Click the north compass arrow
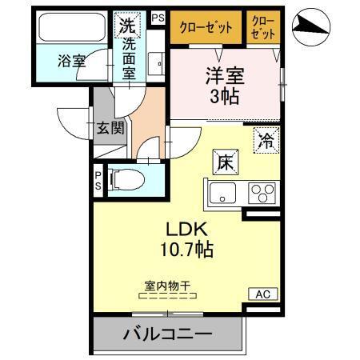coord(310,29)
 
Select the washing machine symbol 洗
coord(127,25)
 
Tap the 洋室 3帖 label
coord(224,86)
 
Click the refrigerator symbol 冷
coord(265,139)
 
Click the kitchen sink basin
coord(222,193)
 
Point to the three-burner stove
coord(262,193)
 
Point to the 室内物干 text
coord(166,285)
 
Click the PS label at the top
coord(157,15)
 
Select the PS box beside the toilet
coord(98,179)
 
